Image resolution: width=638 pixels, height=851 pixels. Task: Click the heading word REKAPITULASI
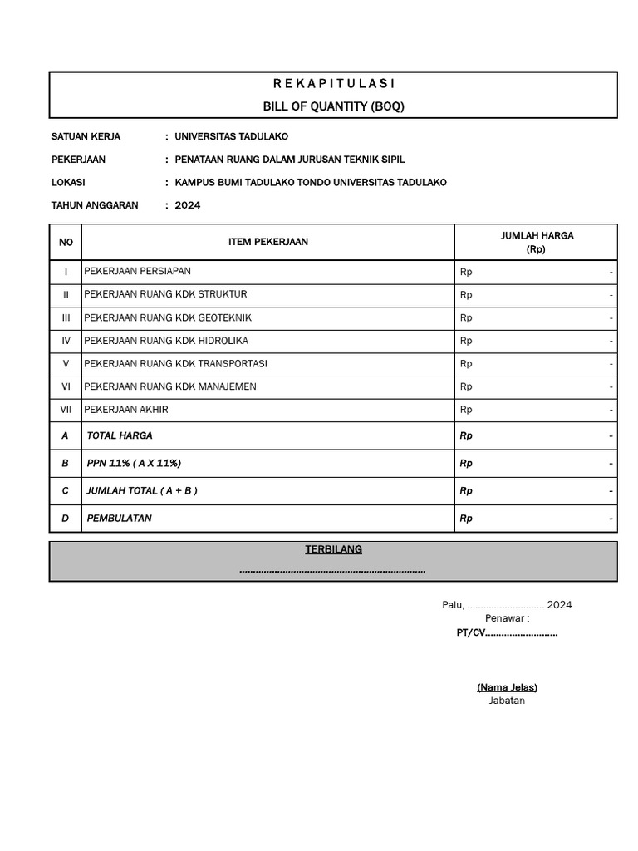(333, 84)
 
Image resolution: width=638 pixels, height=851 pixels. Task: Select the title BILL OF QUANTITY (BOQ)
(333, 106)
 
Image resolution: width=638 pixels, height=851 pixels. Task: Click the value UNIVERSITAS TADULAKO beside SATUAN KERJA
(231, 136)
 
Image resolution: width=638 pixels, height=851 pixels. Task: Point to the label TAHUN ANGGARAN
(95, 205)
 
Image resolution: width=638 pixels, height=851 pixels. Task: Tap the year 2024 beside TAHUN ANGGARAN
(187, 205)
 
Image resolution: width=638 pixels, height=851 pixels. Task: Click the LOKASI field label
(68, 182)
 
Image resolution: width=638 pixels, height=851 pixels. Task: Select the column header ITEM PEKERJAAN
(267, 242)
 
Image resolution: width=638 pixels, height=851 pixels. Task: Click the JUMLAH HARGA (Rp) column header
(536, 242)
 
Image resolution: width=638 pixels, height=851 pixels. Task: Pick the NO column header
(66, 242)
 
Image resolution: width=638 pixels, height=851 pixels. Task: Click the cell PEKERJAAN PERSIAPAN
(137, 272)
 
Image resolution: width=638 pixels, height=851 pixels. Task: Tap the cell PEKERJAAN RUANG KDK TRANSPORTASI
(175, 364)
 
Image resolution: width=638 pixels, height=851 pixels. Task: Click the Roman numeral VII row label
(66, 410)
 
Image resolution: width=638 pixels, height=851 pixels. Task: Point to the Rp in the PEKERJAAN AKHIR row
(466, 410)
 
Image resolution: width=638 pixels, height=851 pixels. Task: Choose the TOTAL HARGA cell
(120, 435)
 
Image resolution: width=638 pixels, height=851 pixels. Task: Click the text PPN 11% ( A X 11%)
(134, 463)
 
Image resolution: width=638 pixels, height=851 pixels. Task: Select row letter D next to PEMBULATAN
(66, 518)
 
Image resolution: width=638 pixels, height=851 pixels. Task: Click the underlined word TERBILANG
(333, 549)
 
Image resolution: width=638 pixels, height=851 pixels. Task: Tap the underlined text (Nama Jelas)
(507, 687)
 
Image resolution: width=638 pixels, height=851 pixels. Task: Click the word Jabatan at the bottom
(507, 701)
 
